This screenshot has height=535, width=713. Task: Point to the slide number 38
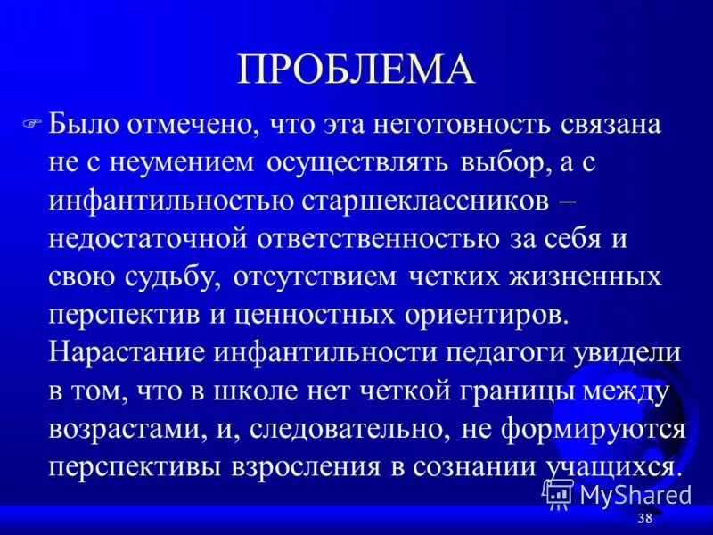click(646, 519)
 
